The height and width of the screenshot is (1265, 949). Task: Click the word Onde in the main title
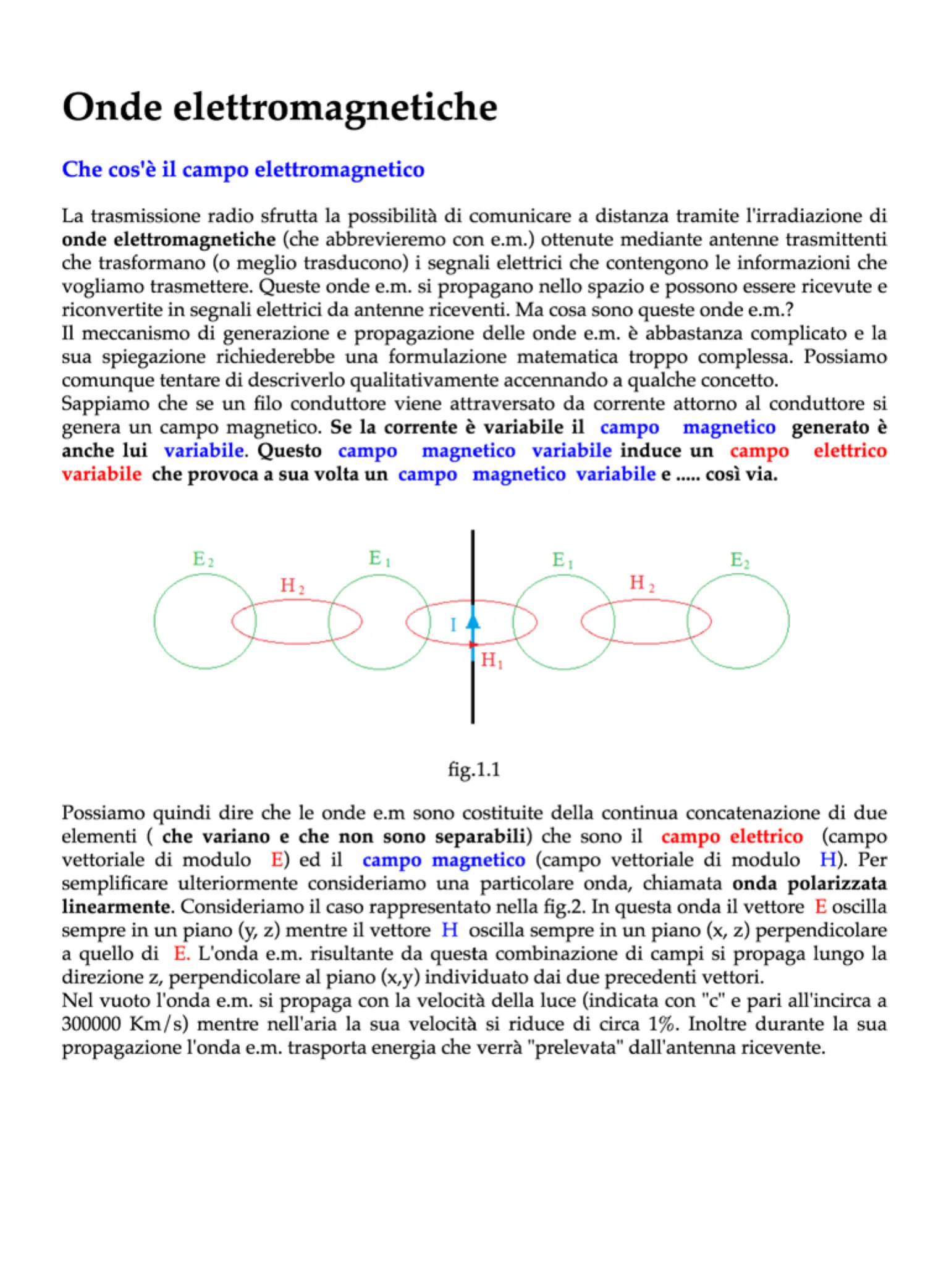click(x=112, y=107)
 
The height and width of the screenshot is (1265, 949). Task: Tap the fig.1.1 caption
click(x=474, y=770)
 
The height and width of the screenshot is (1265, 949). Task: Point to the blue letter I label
click(x=453, y=625)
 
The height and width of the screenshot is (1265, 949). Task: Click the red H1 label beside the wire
click(x=492, y=660)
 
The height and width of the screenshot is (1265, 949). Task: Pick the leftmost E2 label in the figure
click(x=203, y=560)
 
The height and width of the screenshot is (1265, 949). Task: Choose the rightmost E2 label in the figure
click(x=740, y=560)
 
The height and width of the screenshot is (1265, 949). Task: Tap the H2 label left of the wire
click(x=292, y=586)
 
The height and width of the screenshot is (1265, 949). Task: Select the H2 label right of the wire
click(x=642, y=582)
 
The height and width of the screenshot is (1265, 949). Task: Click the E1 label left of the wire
click(x=379, y=559)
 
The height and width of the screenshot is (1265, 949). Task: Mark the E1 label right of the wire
click(x=562, y=560)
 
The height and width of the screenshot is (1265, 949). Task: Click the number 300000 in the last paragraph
click(x=91, y=1024)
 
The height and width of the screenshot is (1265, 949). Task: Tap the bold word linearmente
click(x=116, y=907)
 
